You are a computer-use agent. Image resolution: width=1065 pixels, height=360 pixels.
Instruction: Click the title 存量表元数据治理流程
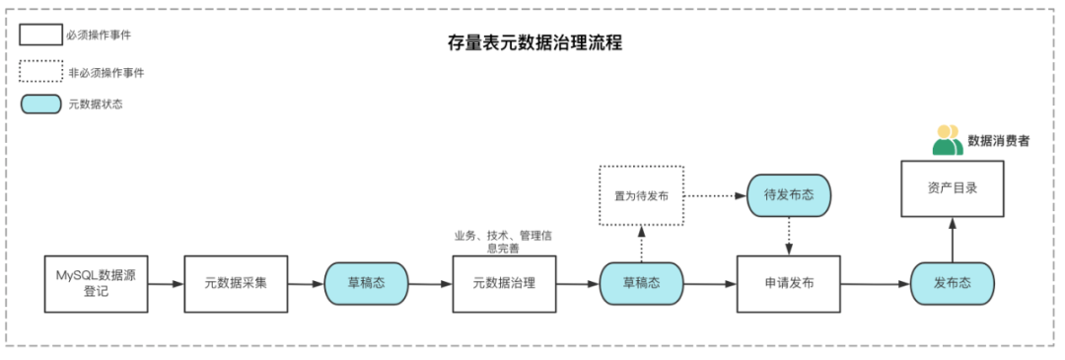coord(533,44)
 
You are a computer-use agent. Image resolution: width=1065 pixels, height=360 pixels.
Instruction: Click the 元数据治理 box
coord(504,283)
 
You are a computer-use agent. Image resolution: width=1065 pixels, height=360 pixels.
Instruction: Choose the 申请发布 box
coord(789,283)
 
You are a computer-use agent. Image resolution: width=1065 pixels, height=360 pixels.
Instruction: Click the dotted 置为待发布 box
coord(641,195)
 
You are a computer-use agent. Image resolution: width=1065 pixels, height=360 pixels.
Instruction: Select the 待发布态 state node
coord(789,195)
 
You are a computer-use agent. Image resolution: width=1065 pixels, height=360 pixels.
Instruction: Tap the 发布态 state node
coord(952,283)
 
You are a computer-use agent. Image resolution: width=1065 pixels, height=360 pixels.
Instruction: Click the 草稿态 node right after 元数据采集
coord(366,283)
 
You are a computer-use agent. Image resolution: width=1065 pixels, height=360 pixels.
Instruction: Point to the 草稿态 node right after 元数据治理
coord(641,283)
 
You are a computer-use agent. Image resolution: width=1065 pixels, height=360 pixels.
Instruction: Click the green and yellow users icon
coord(947,140)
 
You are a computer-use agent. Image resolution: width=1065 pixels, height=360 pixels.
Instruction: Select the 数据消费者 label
coord(998,141)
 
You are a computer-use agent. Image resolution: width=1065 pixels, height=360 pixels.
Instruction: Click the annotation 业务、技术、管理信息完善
coord(503,242)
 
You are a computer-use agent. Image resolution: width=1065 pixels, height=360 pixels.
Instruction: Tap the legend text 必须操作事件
coord(100,35)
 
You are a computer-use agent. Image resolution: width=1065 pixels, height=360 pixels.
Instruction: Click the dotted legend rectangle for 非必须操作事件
coord(39,71)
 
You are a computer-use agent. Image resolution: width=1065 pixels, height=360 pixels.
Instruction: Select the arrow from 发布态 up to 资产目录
coord(953,240)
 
